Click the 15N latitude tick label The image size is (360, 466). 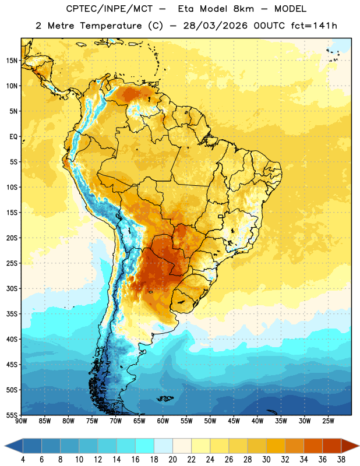pos(12,61)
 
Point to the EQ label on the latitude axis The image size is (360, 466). pos(13,137)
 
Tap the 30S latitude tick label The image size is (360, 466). pos(12,288)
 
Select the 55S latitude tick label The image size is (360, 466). pos(12,415)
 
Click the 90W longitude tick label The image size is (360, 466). pos(21,421)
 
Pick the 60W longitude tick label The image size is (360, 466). pos(163,421)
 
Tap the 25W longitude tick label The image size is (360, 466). pos(328,421)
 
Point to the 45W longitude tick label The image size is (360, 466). pos(234,421)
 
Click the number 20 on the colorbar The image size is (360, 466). pos(172,460)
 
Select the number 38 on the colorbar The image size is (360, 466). pos(341,460)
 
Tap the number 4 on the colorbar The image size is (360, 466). pos(23,460)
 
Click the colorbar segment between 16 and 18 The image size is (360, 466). pos(145,446)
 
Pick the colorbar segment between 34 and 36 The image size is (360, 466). pos(313,446)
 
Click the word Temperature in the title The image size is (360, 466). pos(111,26)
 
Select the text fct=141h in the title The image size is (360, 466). pos(313,26)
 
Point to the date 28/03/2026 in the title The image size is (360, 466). pos(215,26)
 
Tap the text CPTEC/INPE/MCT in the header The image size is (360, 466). pos(109,9)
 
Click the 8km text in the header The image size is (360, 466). pos(243,9)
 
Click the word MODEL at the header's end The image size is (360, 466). pos(290,9)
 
